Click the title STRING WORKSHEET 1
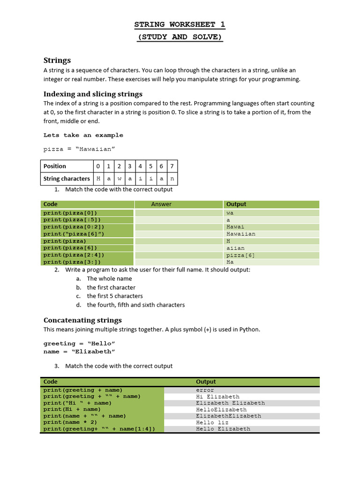pos(180,24)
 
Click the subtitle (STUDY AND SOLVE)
pos(180,37)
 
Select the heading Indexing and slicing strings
pos(93,94)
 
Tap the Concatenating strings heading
pos(82,320)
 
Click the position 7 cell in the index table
pos(172,166)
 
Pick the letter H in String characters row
pos(98,179)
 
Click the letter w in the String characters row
pos(119,179)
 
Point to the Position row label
pos(55,166)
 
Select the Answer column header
pos(161,204)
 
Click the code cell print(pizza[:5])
pos(72,219)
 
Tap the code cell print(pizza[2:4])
pos(74,255)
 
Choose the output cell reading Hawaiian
pos(241,233)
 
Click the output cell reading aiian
pos(235,247)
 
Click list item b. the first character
pos(111,287)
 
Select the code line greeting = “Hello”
pos(79,343)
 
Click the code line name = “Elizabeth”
pos(79,351)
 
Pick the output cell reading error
pos(205,390)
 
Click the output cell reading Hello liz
pos(211,422)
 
